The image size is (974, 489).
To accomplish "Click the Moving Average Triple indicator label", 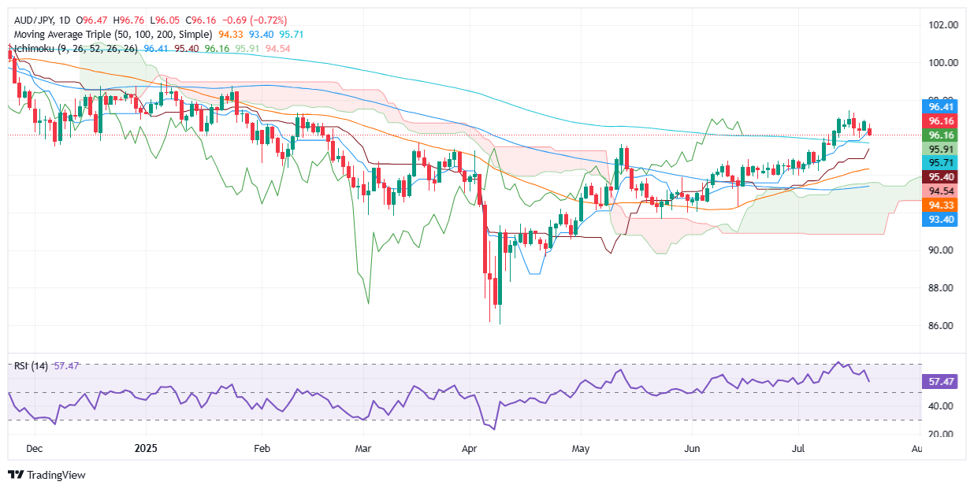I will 113,35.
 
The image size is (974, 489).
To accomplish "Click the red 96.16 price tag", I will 942,121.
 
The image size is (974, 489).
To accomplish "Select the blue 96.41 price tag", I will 942,106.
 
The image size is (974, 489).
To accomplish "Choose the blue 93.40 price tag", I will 942,220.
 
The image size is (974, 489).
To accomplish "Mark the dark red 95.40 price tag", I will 942,177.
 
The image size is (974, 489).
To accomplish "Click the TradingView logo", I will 46,475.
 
